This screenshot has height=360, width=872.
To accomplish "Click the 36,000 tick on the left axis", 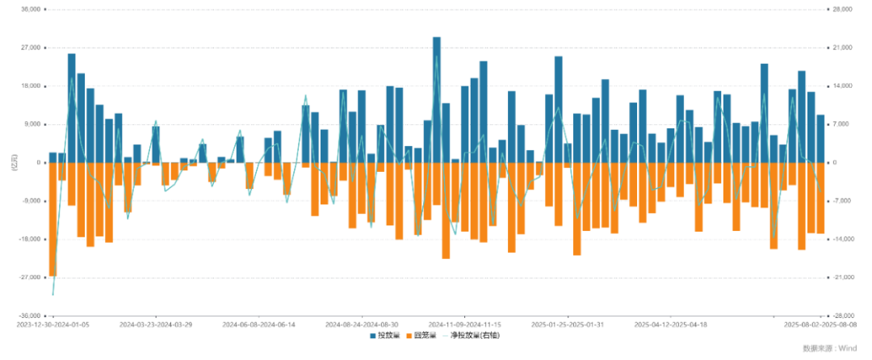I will [30, 10].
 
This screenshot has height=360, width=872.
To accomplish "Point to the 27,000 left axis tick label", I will [30, 48].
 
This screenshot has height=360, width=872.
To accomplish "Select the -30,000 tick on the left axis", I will [29, 316].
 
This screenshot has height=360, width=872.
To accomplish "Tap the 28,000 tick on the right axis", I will [843, 10].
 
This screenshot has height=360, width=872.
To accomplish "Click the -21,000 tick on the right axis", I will [844, 278].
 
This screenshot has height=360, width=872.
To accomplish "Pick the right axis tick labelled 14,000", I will [843, 86].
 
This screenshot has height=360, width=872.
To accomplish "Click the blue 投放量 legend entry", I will [384, 335].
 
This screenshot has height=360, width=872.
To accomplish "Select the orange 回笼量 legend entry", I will [423, 335].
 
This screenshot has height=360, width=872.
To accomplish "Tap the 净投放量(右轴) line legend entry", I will [470, 335].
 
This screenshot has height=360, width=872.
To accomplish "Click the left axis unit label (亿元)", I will [14, 162].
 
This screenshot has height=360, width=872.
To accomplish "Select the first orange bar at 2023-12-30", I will [52, 219].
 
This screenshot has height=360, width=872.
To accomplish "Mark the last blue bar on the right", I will [820, 138].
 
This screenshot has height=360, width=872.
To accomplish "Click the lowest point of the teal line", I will [53, 295].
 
